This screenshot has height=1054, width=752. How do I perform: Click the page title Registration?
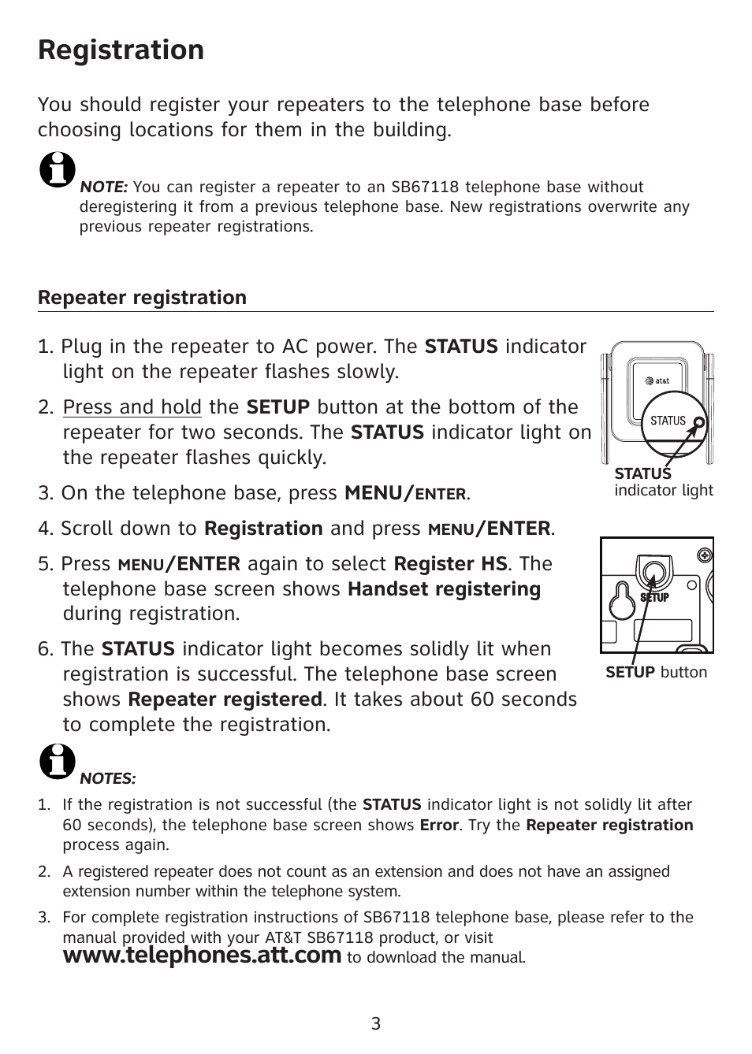(121, 50)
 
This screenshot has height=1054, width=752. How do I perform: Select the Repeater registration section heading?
(142, 298)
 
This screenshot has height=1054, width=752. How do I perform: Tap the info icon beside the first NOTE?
(57, 169)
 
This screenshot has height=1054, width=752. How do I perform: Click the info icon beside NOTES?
(57, 761)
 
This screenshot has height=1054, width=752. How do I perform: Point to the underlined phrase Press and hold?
(132, 407)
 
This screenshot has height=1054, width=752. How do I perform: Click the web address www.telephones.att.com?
(202, 956)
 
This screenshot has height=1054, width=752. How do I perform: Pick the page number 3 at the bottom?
(376, 1024)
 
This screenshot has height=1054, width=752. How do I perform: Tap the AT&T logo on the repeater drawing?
(657, 381)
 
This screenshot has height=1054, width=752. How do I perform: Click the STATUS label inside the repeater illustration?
(668, 421)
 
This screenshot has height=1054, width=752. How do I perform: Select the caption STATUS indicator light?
(663, 482)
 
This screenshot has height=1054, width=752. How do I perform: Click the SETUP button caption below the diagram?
(656, 672)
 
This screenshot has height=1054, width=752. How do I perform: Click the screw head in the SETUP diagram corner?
(705, 555)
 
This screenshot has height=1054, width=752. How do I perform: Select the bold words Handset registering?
(444, 589)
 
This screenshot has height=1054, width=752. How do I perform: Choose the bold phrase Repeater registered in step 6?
(225, 700)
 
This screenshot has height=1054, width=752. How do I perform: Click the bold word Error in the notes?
(439, 825)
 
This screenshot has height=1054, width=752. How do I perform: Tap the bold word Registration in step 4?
(263, 529)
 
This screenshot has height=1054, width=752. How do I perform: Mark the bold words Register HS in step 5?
(451, 564)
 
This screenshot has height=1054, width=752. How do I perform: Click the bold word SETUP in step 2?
(278, 407)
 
